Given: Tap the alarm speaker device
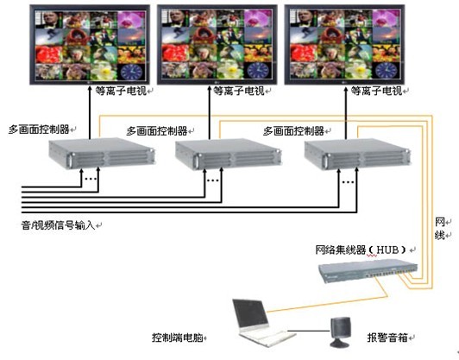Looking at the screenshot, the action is pyautogui.click(x=340, y=332).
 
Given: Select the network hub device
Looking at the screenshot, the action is pyautogui.click(x=368, y=273).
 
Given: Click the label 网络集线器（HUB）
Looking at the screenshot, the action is pyautogui.click(x=362, y=249).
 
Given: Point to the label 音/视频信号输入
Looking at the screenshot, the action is pyautogui.click(x=59, y=225).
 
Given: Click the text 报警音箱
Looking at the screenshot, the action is pyautogui.click(x=387, y=338).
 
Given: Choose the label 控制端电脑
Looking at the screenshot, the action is pyautogui.click(x=178, y=338).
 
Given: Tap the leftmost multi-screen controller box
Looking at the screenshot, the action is pyautogui.click(x=101, y=153).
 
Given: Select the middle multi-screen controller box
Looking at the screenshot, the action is pyautogui.click(x=228, y=154).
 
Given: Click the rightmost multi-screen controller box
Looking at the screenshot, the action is pyautogui.click(x=357, y=155).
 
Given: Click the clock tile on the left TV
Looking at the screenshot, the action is pyautogui.click(x=131, y=72).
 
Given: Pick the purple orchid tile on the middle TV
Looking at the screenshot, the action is pyautogui.click(x=258, y=18).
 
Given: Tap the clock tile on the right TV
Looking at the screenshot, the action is pyautogui.click(x=386, y=71).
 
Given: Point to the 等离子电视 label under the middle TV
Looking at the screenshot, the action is pyautogui.click(x=239, y=92).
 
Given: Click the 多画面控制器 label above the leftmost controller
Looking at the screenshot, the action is pyautogui.click(x=39, y=129).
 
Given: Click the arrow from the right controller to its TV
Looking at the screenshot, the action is pyautogui.click(x=345, y=112).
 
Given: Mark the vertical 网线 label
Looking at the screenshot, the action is pyautogui.click(x=439, y=229).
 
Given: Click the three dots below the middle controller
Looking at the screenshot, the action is pyautogui.click(x=213, y=180).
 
